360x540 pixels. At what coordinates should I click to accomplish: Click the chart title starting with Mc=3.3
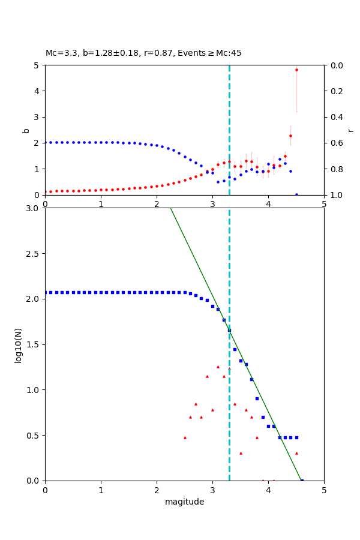click(x=143, y=53)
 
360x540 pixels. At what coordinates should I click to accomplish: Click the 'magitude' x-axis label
click(x=184, y=502)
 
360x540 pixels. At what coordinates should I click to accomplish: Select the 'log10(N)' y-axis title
click(x=18, y=344)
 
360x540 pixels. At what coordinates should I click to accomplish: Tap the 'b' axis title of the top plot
click(x=26, y=130)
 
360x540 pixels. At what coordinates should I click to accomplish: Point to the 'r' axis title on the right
click(x=350, y=130)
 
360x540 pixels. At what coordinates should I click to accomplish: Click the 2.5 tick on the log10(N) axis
click(x=34, y=253)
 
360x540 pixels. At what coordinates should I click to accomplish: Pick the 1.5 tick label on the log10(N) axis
click(x=34, y=344)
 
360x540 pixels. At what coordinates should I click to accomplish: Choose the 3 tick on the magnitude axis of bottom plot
click(x=212, y=490)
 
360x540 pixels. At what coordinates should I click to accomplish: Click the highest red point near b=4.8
click(x=296, y=70)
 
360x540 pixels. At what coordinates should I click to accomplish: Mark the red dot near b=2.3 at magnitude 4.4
click(x=290, y=136)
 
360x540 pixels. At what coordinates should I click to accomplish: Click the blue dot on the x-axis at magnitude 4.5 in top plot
click(x=296, y=194)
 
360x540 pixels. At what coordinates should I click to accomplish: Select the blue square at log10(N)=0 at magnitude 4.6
click(x=302, y=480)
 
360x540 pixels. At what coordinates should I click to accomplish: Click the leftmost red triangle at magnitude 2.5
click(x=185, y=437)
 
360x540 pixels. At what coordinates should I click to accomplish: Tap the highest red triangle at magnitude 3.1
click(x=218, y=367)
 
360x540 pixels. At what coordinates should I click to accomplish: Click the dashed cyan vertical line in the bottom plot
click(x=229, y=420)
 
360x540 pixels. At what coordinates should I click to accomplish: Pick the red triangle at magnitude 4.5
click(x=296, y=453)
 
